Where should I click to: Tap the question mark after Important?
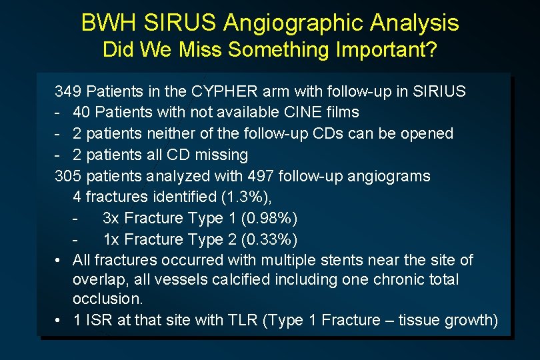(431, 50)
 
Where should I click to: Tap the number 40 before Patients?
(82, 112)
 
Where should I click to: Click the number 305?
(68, 176)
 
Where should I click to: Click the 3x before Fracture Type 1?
(111, 218)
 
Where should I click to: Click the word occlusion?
(107, 299)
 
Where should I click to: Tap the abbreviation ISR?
(99, 321)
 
